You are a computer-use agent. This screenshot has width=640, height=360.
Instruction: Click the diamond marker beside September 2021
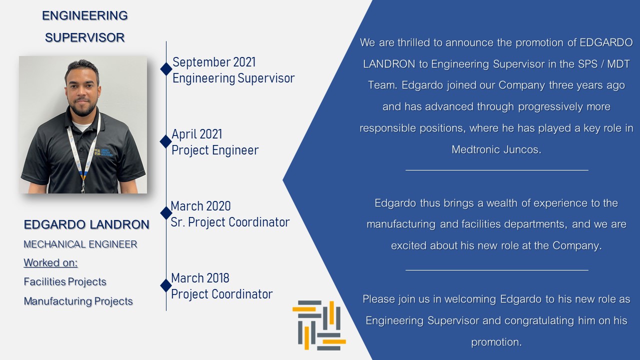(x=166, y=69)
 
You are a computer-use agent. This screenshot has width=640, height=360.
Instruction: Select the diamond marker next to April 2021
(x=165, y=141)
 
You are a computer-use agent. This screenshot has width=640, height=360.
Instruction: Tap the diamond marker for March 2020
(x=166, y=213)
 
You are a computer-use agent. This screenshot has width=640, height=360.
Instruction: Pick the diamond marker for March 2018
(x=166, y=285)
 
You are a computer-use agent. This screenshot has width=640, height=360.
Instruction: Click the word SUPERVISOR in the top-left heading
(x=85, y=37)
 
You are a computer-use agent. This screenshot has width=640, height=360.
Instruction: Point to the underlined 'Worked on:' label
(x=50, y=262)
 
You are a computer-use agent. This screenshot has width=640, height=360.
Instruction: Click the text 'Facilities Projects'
(x=65, y=281)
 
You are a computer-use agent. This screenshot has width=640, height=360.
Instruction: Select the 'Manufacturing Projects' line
(x=78, y=301)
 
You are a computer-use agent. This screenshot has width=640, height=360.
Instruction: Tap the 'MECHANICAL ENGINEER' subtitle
(x=80, y=244)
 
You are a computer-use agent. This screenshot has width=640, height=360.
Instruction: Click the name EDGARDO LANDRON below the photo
(x=86, y=224)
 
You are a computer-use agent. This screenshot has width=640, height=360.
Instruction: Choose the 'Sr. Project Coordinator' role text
(x=230, y=222)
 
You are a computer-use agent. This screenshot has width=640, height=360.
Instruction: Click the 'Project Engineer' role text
(x=215, y=150)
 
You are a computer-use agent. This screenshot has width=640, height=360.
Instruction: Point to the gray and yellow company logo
(x=319, y=325)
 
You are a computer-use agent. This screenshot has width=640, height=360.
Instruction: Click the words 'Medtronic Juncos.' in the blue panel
(x=496, y=149)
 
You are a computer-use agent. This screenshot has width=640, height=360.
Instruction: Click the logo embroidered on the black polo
(x=103, y=152)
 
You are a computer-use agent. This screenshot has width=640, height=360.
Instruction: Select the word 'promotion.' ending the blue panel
(x=496, y=342)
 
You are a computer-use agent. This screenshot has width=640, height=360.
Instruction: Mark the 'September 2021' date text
(x=214, y=62)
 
